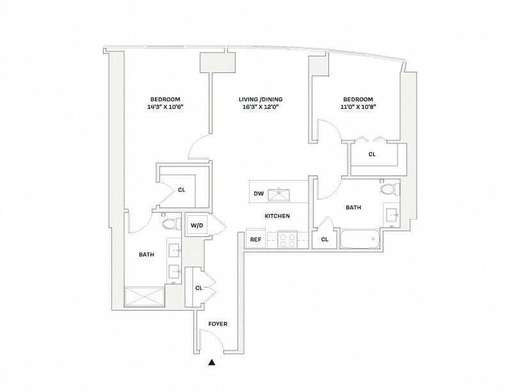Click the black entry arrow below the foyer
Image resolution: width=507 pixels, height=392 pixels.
[211, 363]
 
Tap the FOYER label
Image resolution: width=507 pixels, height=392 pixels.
[218, 324]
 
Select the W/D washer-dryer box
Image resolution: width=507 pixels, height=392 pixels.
[197, 225]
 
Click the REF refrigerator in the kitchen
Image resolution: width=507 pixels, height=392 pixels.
[255, 240]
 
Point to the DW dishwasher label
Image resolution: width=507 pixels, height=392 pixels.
[259, 193]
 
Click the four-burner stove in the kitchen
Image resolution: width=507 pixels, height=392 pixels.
[287, 239]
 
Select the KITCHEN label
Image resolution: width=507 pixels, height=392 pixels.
[277, 216]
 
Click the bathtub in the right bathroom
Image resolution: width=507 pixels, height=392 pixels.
[360, 239]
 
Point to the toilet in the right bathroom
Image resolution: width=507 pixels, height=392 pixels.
[389, 189]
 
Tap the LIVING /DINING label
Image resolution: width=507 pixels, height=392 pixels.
[261, 99]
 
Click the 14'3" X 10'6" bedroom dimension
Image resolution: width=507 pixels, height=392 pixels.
[165, 107]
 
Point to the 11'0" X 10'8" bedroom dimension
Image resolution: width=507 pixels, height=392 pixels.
[358, 107]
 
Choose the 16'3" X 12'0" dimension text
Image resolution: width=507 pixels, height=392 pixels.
[261, 107]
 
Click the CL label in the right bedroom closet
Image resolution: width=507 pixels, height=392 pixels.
[372, 154]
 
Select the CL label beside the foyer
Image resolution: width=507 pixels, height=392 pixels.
[199, 288]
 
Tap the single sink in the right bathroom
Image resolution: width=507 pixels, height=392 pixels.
[391, 215]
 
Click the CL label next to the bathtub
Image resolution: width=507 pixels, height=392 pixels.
[325, 240]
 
